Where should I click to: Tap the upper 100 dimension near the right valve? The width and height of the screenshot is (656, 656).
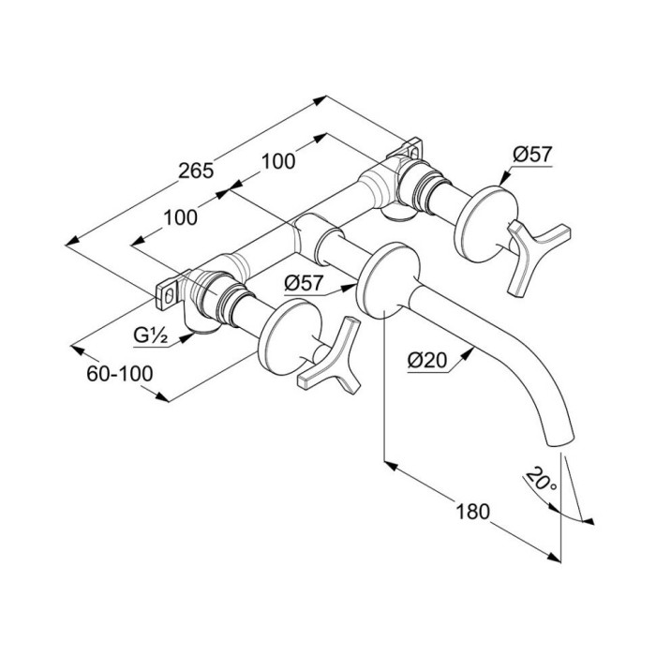pyautogui.click(x=278, y=161)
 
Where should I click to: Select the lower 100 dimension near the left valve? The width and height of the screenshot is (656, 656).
pyautogui.click(x=180, y=218)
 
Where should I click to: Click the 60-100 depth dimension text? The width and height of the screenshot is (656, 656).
pyautogui.click(x=120, y=374)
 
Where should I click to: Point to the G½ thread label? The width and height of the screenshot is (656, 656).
pyautogui.click(x=151, y=335)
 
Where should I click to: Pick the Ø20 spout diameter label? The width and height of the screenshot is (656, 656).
pyautogui.click(x=427, y=360)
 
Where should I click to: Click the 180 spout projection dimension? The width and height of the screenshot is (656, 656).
pyautogui.click(x=472, y=512)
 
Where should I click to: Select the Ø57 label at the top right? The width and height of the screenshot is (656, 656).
pyautogui.click(x=533, y=155)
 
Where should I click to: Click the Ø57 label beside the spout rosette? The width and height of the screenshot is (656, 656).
pyautogui.click(x=304, y=284)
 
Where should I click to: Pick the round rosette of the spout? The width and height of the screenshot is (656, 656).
pyautogui.click(x=387, y=280)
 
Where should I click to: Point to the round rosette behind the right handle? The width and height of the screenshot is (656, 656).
pyautogui.click(x=485, y=224)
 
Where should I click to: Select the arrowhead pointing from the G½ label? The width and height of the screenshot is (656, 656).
pyautogui.click(x=188, y=336)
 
